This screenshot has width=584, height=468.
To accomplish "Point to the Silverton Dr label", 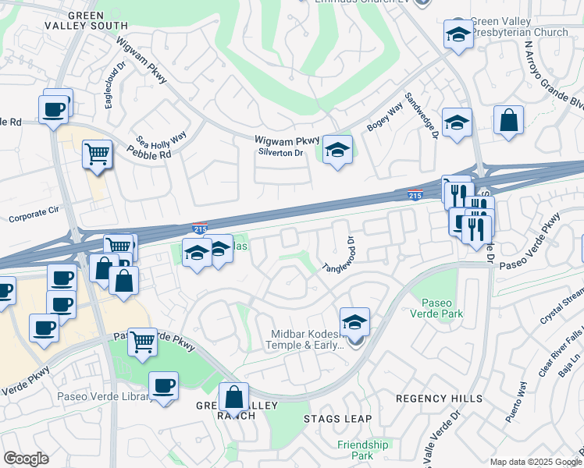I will coord(280,153).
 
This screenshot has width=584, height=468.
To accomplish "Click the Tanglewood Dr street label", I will coord(339,255).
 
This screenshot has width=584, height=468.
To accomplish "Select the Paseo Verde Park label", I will coord(443,308).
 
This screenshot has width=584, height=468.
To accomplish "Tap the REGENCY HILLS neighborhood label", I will coord(439,398).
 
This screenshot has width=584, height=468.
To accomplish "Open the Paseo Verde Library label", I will coord(104,395).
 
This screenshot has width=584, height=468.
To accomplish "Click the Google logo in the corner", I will coord(26,459).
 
